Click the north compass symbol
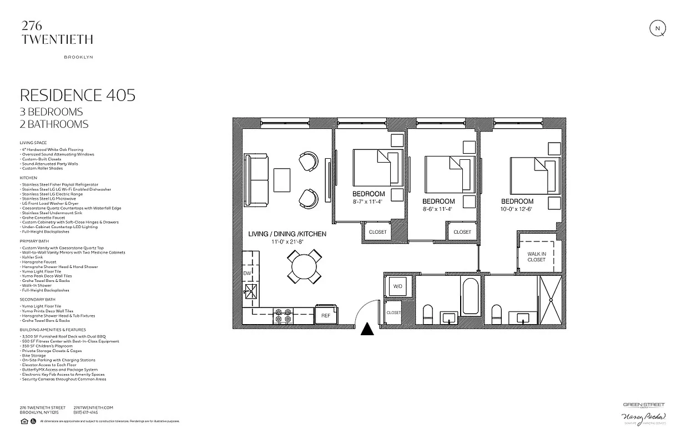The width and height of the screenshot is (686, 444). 658,28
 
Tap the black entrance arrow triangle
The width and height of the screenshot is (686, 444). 367,329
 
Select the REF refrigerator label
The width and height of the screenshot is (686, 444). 325,315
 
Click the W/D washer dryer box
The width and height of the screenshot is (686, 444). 398,286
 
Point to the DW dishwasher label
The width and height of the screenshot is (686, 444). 248,273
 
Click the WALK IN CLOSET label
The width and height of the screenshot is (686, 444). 536,256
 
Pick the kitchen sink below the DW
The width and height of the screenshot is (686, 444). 251,291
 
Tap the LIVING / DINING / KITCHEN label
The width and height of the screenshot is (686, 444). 287,234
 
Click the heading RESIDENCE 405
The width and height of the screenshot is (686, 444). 77,95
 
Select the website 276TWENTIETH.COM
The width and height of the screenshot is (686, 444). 93,407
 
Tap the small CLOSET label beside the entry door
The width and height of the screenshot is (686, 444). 394,313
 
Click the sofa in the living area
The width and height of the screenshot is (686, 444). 257,179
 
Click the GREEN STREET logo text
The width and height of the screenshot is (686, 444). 643,405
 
